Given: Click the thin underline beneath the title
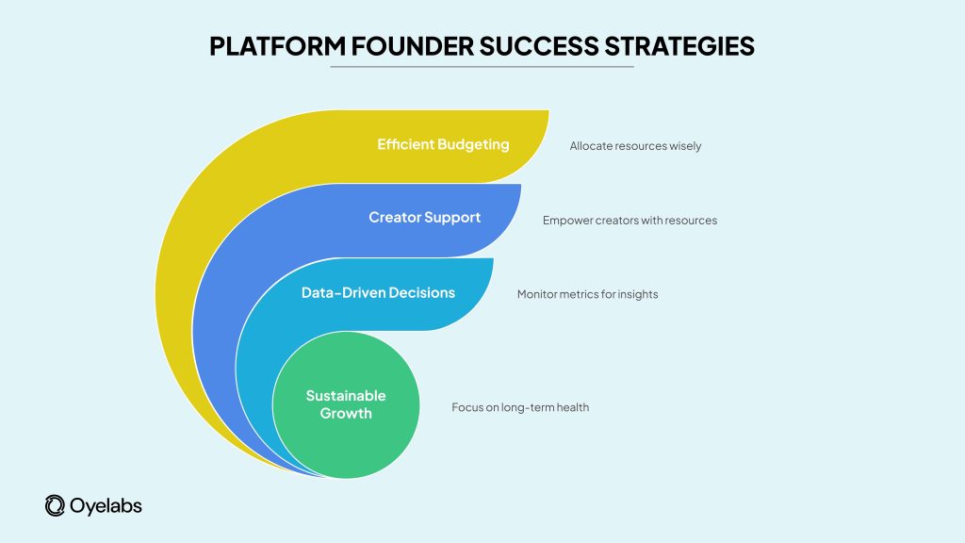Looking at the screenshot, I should (482, 67).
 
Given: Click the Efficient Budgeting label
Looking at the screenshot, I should (443, 145).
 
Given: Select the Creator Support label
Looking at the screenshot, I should (424, 218).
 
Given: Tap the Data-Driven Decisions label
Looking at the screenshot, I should (378, 293).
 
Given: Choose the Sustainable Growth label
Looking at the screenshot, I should (345, 404).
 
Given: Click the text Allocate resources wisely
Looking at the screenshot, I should (635, 146).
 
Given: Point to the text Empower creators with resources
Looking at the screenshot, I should (630, 221).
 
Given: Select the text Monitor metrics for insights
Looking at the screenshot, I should (587, 294).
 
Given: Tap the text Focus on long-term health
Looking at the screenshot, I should (520, 407).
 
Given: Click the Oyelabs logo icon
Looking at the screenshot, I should (55, 505).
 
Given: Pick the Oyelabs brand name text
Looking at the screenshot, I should (106, 506).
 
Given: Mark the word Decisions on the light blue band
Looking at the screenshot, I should (420, 293).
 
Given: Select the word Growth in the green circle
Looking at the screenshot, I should (345, 413).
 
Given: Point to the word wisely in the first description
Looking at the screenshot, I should (684, 146).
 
